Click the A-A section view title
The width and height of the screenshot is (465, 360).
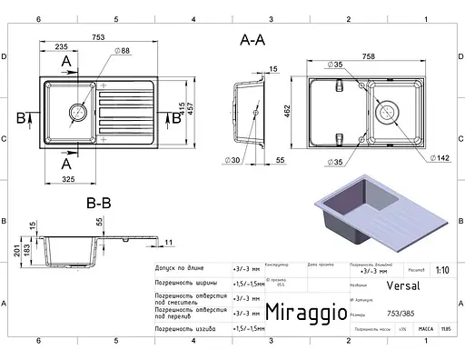(x=252, y=41)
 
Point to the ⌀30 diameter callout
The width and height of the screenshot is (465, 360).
(x=232, y=159)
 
